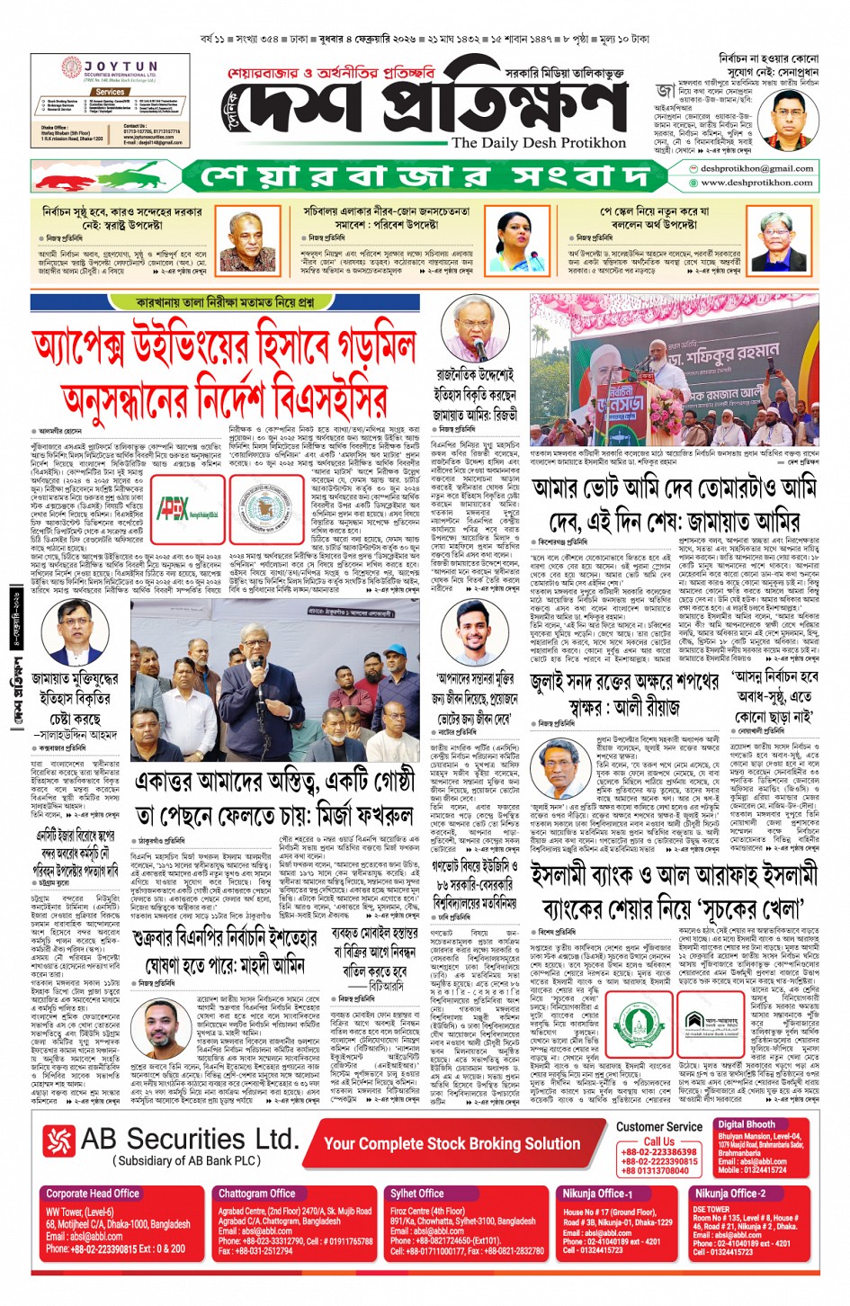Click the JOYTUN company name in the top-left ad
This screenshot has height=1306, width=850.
pyautogui.click(x=121, y=67)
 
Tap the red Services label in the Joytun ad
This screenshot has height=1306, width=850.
pyautogui.click(x=110, y=92)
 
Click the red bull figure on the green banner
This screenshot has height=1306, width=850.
pyautogui.click(x=135, y=176)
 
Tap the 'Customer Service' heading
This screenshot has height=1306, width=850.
pyautogui.click(x=659, y=1126)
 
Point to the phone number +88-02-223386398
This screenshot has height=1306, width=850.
pyautogui.click(x=659, y=1151)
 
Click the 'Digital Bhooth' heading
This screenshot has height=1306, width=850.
pyautogui.click(x=747, y=1124)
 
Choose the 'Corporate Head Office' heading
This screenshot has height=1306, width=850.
pyautogui.click(x=93, y=1194)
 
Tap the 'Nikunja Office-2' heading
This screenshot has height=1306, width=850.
pyautogui.click(x=729, y=1194)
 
